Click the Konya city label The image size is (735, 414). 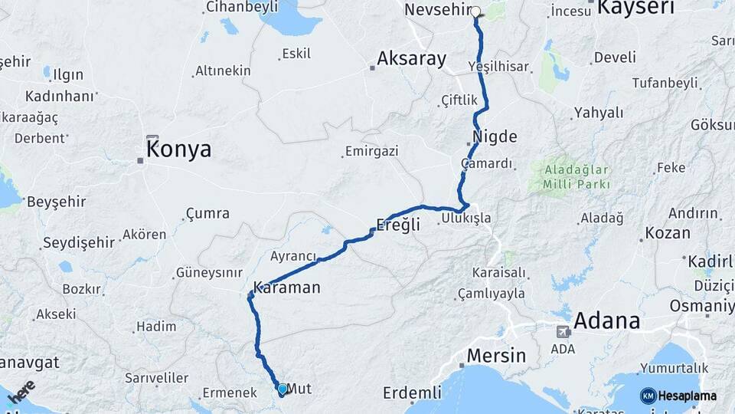pos(178,149)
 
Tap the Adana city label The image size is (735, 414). pos(607,320)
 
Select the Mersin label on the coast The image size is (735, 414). pos(496,356)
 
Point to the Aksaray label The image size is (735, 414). pos(412,59)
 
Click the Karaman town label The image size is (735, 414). pos(286,288)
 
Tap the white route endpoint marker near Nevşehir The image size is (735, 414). pos(476,11)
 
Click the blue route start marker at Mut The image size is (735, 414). pos(283,389)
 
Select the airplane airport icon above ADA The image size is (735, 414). pos(563,332)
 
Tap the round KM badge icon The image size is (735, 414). pos(648,396)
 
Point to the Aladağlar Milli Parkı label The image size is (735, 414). pos(577,176)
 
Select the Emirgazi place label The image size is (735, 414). pos(372,152)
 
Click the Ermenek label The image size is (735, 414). pos(230,393)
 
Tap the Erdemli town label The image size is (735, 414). pos(412,393)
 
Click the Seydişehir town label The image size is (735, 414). pos(78,242)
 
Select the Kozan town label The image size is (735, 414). pos(668,233)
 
